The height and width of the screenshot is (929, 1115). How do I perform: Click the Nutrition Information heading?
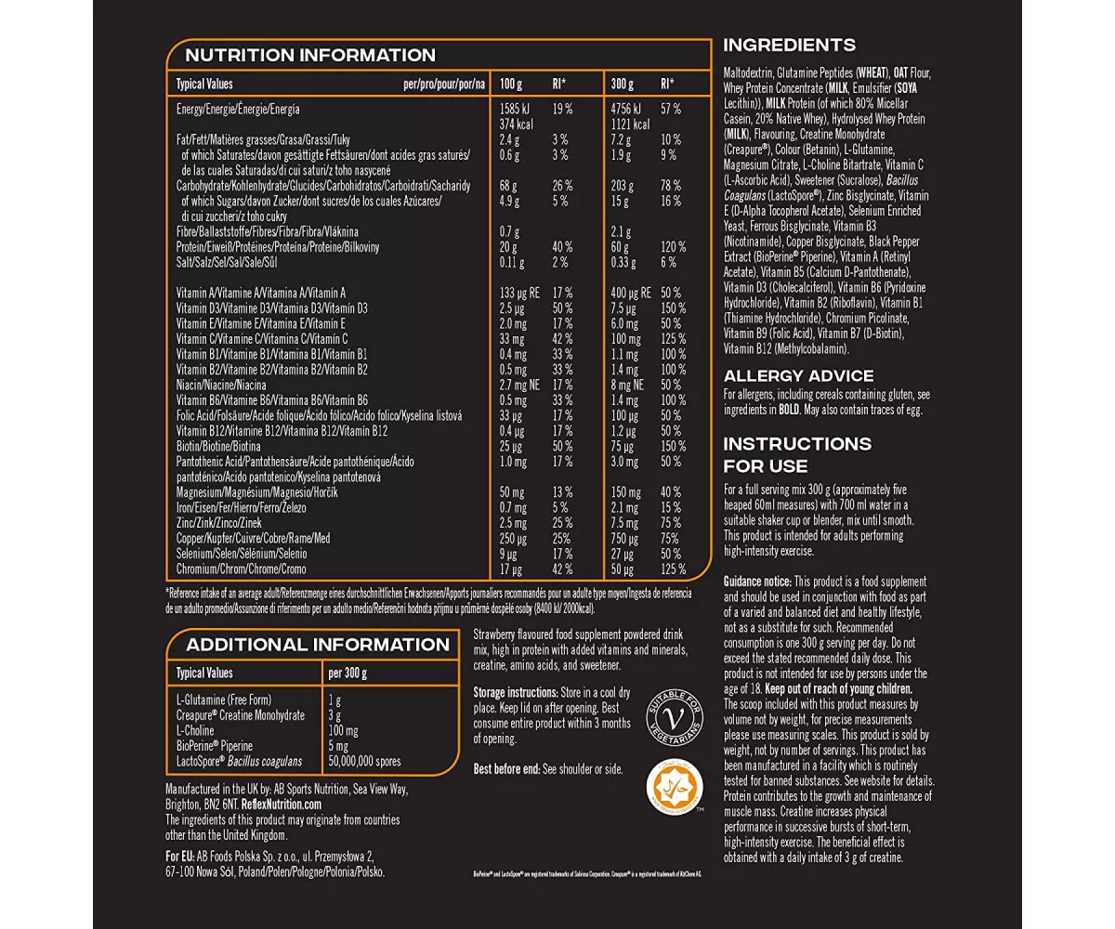point(310,55)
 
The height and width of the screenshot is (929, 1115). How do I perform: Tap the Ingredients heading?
point(789,45)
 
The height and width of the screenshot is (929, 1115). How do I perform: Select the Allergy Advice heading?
point(798,375)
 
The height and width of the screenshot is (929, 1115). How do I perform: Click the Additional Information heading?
point(318,645)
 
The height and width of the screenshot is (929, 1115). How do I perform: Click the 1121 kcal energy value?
point(622,124)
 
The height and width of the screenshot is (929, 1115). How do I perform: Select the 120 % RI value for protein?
point(673,247)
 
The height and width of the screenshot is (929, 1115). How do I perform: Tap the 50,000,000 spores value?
point(364,761)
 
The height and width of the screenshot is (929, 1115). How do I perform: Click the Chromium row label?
point(241,569)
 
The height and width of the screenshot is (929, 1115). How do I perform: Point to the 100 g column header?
point(512,84)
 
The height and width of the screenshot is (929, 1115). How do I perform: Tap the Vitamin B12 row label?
point(268,430)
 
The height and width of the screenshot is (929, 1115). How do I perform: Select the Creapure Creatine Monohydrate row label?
point(240,715)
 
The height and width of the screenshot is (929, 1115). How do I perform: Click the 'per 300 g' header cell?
point(348,673)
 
